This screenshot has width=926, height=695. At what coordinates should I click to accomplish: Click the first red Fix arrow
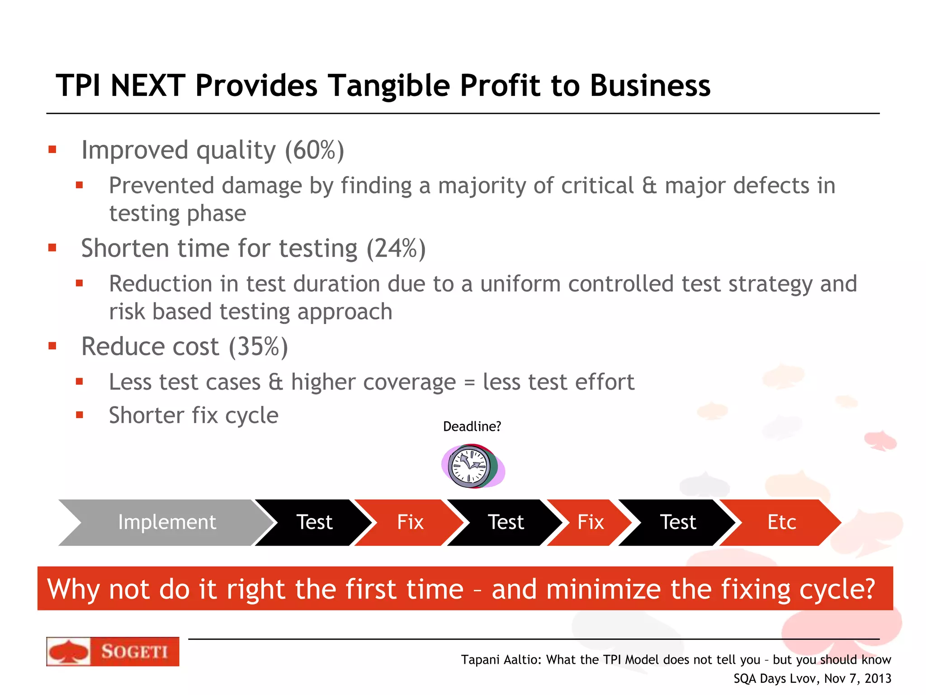[410, 522]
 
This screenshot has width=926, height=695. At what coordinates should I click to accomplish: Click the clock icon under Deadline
[472, 466]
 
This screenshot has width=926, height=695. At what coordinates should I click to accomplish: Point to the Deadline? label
[472, 426]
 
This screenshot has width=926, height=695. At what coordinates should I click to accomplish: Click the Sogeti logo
[113, 651]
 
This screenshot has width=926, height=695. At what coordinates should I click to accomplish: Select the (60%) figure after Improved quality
[314, 150]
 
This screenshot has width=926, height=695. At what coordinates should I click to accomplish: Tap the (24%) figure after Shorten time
[396, 248]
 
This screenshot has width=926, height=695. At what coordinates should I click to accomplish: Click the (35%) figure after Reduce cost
[258, 347]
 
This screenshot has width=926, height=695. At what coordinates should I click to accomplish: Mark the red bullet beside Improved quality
[52, 149]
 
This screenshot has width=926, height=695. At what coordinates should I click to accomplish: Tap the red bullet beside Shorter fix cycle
[80, 414]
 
